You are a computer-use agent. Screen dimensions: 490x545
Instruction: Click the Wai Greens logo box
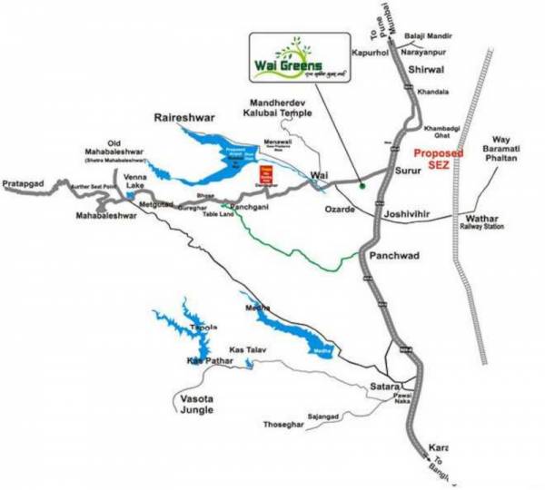tap(298, 60)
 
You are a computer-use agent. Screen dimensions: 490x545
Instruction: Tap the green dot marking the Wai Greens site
tap(362, 187)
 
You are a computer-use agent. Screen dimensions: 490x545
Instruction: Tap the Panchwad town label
tap(394, 257)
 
